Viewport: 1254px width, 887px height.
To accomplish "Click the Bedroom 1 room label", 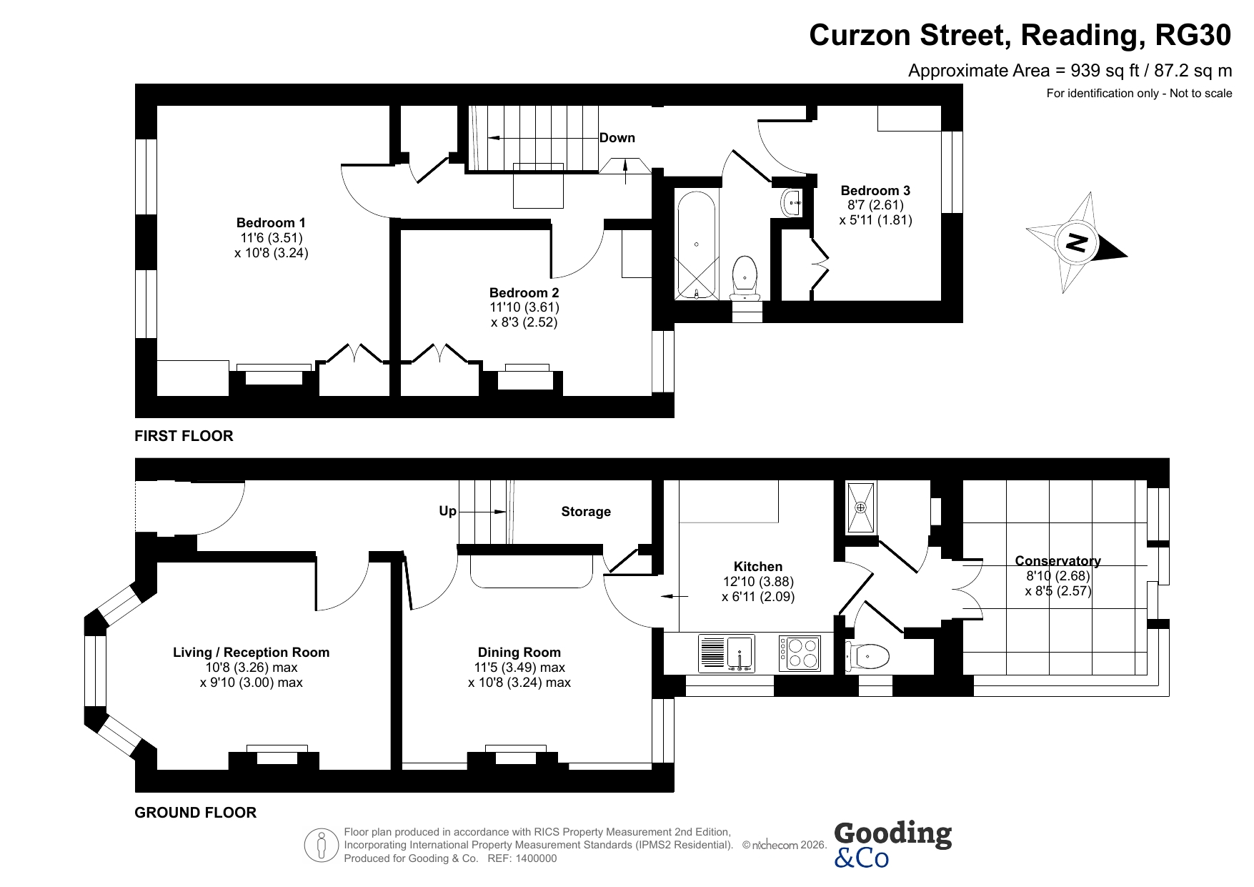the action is [271, 223].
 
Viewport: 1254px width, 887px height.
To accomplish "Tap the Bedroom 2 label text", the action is [524, 292].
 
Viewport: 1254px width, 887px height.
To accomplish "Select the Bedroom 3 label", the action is [875, 190].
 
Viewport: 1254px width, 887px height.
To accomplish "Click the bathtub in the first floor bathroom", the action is [697, 244].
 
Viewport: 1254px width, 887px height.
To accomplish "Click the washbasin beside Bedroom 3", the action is [792, 202].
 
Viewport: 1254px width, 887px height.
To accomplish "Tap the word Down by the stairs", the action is [617, 138].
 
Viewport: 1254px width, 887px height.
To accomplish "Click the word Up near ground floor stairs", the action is [447, 511].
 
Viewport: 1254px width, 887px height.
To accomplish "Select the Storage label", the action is [586, 512].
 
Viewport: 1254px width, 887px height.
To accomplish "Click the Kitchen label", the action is [758, 567].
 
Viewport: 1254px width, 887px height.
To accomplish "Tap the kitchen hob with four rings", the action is [800, 653].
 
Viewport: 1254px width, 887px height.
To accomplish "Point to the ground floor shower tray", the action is [860, 507].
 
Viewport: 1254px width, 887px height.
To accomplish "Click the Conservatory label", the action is [1058, 561].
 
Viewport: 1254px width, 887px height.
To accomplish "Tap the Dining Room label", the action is [519, 652].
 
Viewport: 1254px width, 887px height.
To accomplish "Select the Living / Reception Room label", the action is [252, 652].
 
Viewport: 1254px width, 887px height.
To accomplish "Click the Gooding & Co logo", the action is [892, 844].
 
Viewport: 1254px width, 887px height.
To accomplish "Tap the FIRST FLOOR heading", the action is [184, 436].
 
